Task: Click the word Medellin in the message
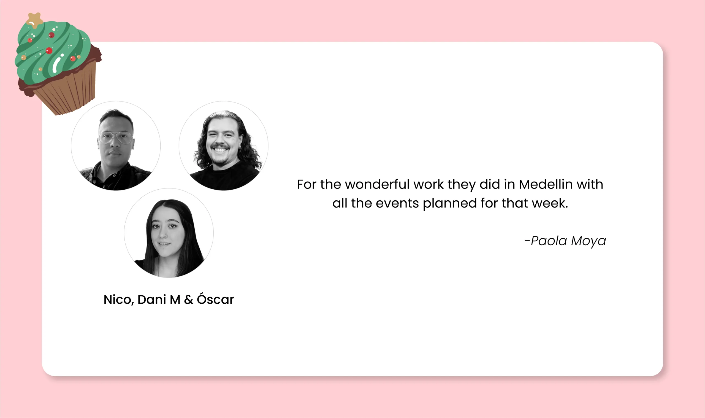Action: click(546, 185)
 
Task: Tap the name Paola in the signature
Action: click(549, 241)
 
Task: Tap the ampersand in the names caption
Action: click(189, 300)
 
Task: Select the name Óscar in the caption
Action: click(215, 299)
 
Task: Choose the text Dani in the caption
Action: click(152, 300)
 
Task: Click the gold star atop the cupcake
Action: click(35, 20)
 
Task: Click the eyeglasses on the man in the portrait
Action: click(115, 138)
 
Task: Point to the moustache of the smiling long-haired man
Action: click(220, 147)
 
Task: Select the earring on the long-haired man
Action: click(240, 147)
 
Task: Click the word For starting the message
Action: click(307, 185)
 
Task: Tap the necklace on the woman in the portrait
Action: click(158, 266)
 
